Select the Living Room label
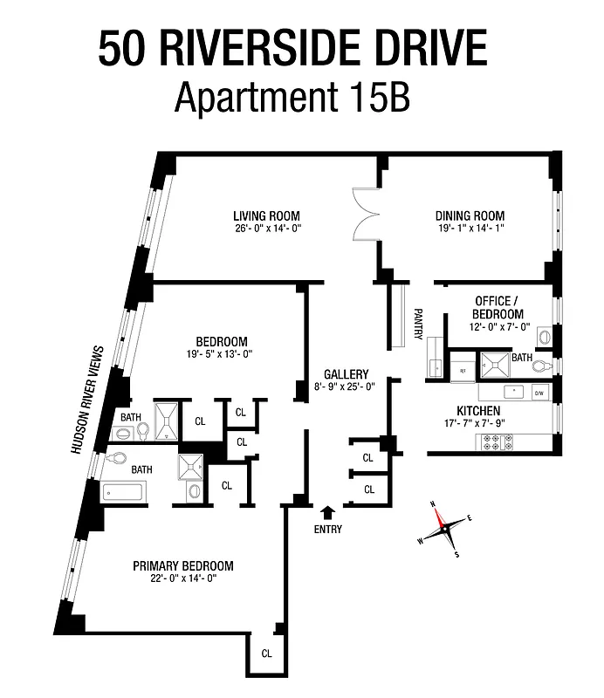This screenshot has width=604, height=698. [266, 216]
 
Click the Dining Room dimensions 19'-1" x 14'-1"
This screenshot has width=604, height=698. [470, 229]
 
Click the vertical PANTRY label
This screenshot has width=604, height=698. [419, 325]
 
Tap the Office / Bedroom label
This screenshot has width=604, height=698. [498, 307]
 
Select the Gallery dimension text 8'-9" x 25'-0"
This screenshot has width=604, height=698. [345, 387]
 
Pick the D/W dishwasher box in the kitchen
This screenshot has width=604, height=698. [539, 393]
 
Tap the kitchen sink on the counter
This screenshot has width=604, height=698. [514, 392]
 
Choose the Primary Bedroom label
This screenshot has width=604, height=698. [182, 566]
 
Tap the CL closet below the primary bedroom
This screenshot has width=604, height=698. [266, 653]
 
